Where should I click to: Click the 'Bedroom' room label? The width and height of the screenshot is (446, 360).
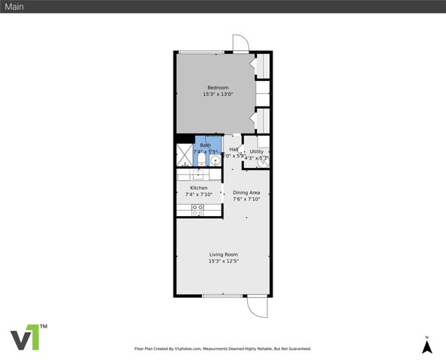tap(218, 88)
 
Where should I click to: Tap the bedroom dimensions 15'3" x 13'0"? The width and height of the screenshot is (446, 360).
tap(218, 94)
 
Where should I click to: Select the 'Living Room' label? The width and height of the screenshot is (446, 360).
tap(223, 254)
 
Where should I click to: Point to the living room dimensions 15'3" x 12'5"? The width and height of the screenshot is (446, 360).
tap(223, 261)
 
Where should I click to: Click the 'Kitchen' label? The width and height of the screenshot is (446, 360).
tap(198, 187)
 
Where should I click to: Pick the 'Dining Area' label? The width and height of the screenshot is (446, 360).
tap(246, 193)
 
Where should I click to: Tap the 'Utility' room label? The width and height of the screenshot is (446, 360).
tap(257, 151)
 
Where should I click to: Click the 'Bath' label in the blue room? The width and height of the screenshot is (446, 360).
tap(205, 145)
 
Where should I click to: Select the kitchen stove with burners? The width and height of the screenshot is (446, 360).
tap(198, 211)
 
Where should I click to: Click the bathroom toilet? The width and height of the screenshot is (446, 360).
tap(215, 160)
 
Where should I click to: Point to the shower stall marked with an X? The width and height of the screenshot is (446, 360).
tap(185, 155)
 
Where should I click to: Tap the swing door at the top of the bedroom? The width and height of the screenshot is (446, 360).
tap(240, 43)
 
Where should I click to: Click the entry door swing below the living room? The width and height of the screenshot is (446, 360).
tap(257, 305)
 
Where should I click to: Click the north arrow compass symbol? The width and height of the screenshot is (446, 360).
tap(426, 346)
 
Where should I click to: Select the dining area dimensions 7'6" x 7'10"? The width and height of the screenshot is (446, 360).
tap(246, 199)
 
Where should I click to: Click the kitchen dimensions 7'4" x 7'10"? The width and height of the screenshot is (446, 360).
tap(198, 194)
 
